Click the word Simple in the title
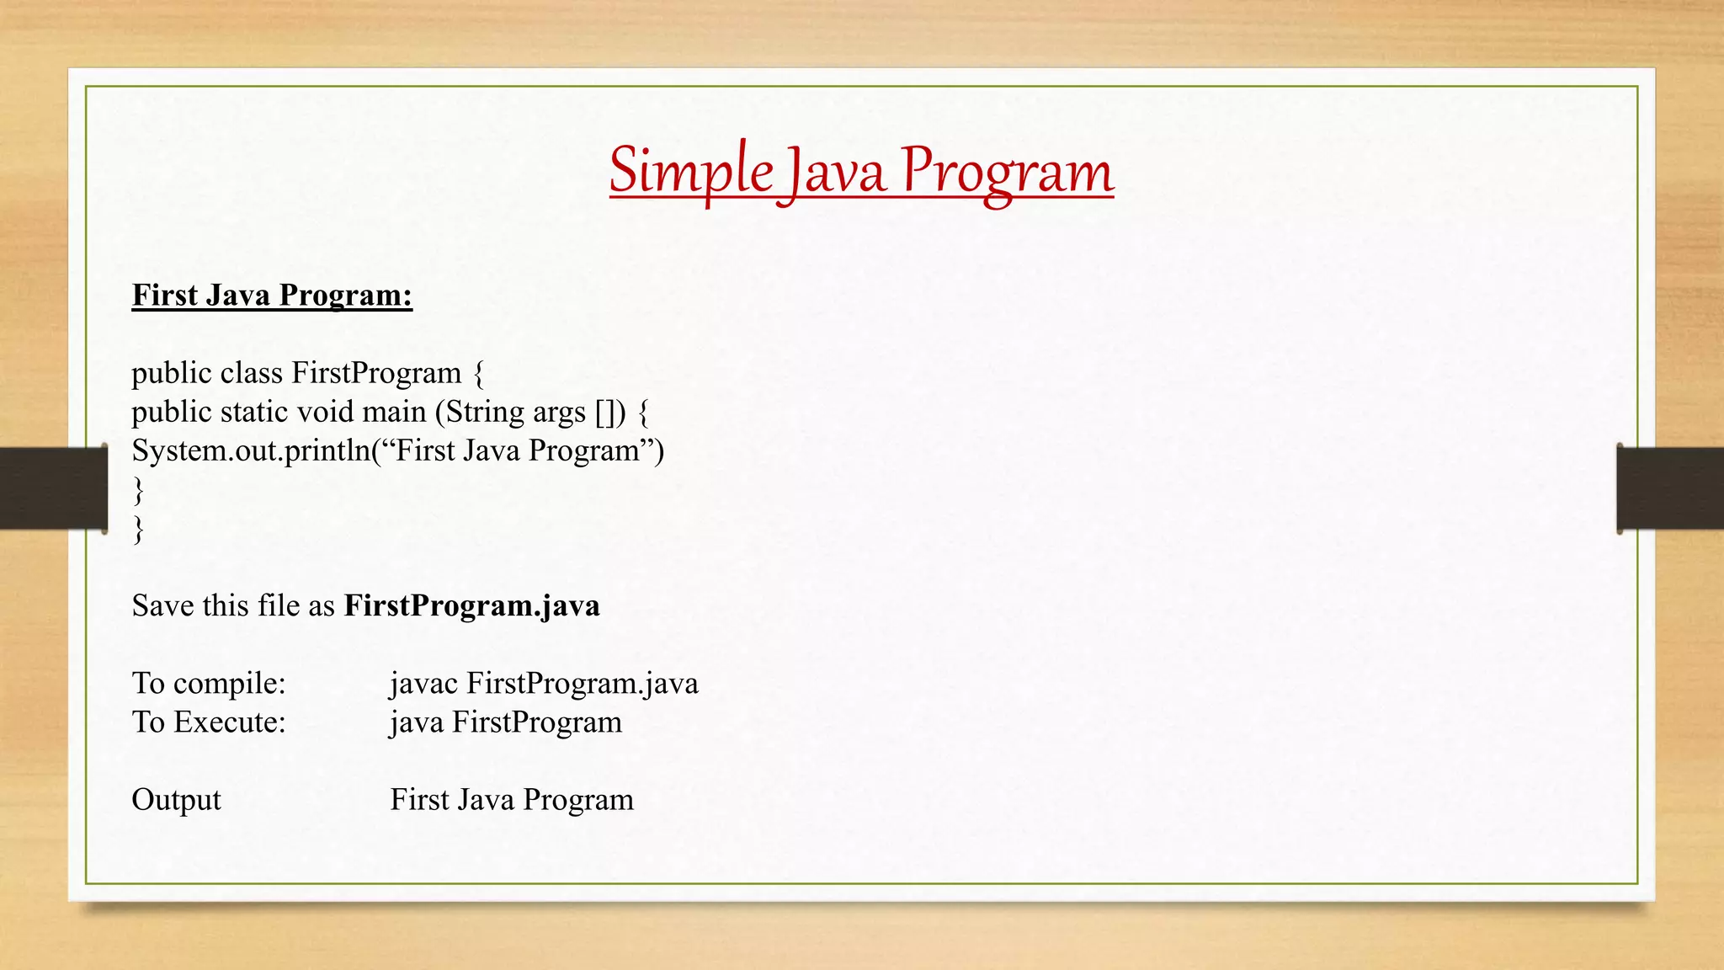click(690, 171)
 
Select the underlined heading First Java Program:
click(272, 296)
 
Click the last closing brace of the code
click(138, 529)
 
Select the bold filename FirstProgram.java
click(471, 605)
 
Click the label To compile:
click(209, 683)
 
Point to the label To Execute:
click(209, 722)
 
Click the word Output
click(176, 800)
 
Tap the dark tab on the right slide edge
click(1670, 488)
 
